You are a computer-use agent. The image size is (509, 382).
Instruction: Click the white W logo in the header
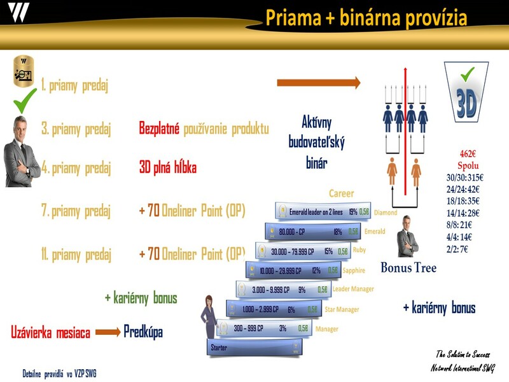(x=18, y=12)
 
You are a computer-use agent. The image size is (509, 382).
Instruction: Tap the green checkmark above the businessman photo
(x=25, y=101)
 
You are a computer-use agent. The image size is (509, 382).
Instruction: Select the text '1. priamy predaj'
(x=74, y=85)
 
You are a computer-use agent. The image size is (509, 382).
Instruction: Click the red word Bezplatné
(x=159, y=128)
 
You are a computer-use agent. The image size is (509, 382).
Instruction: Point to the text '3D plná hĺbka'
(x=167, y=168)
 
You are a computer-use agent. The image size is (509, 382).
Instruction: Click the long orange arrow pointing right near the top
(x=318, y=83)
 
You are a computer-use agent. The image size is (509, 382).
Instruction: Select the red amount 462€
(x=468, y=153)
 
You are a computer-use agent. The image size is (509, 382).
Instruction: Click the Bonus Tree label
(x=408, y=267)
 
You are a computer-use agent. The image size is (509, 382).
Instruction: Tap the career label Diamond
(x=386, y=213)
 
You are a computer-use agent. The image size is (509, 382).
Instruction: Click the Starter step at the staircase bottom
(x=254, y=348)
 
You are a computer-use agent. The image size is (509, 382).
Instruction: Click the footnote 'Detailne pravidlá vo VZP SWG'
(x=59, y=372)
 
